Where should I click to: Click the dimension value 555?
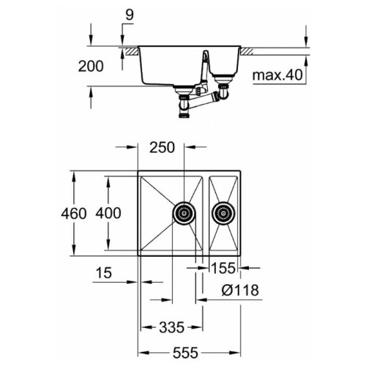coord(185,353)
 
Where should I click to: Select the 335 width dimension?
coord(171,327)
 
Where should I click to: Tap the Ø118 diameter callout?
coord(240,290)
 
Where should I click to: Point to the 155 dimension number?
coord(223,268)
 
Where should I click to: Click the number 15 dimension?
coord(104,273)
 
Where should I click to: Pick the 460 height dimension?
coord(74,214)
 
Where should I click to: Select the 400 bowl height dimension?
coord(108,213)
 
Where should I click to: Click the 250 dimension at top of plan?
coord(162,148)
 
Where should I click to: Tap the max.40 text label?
coord(277,75)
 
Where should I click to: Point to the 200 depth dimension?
coord(91,66)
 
